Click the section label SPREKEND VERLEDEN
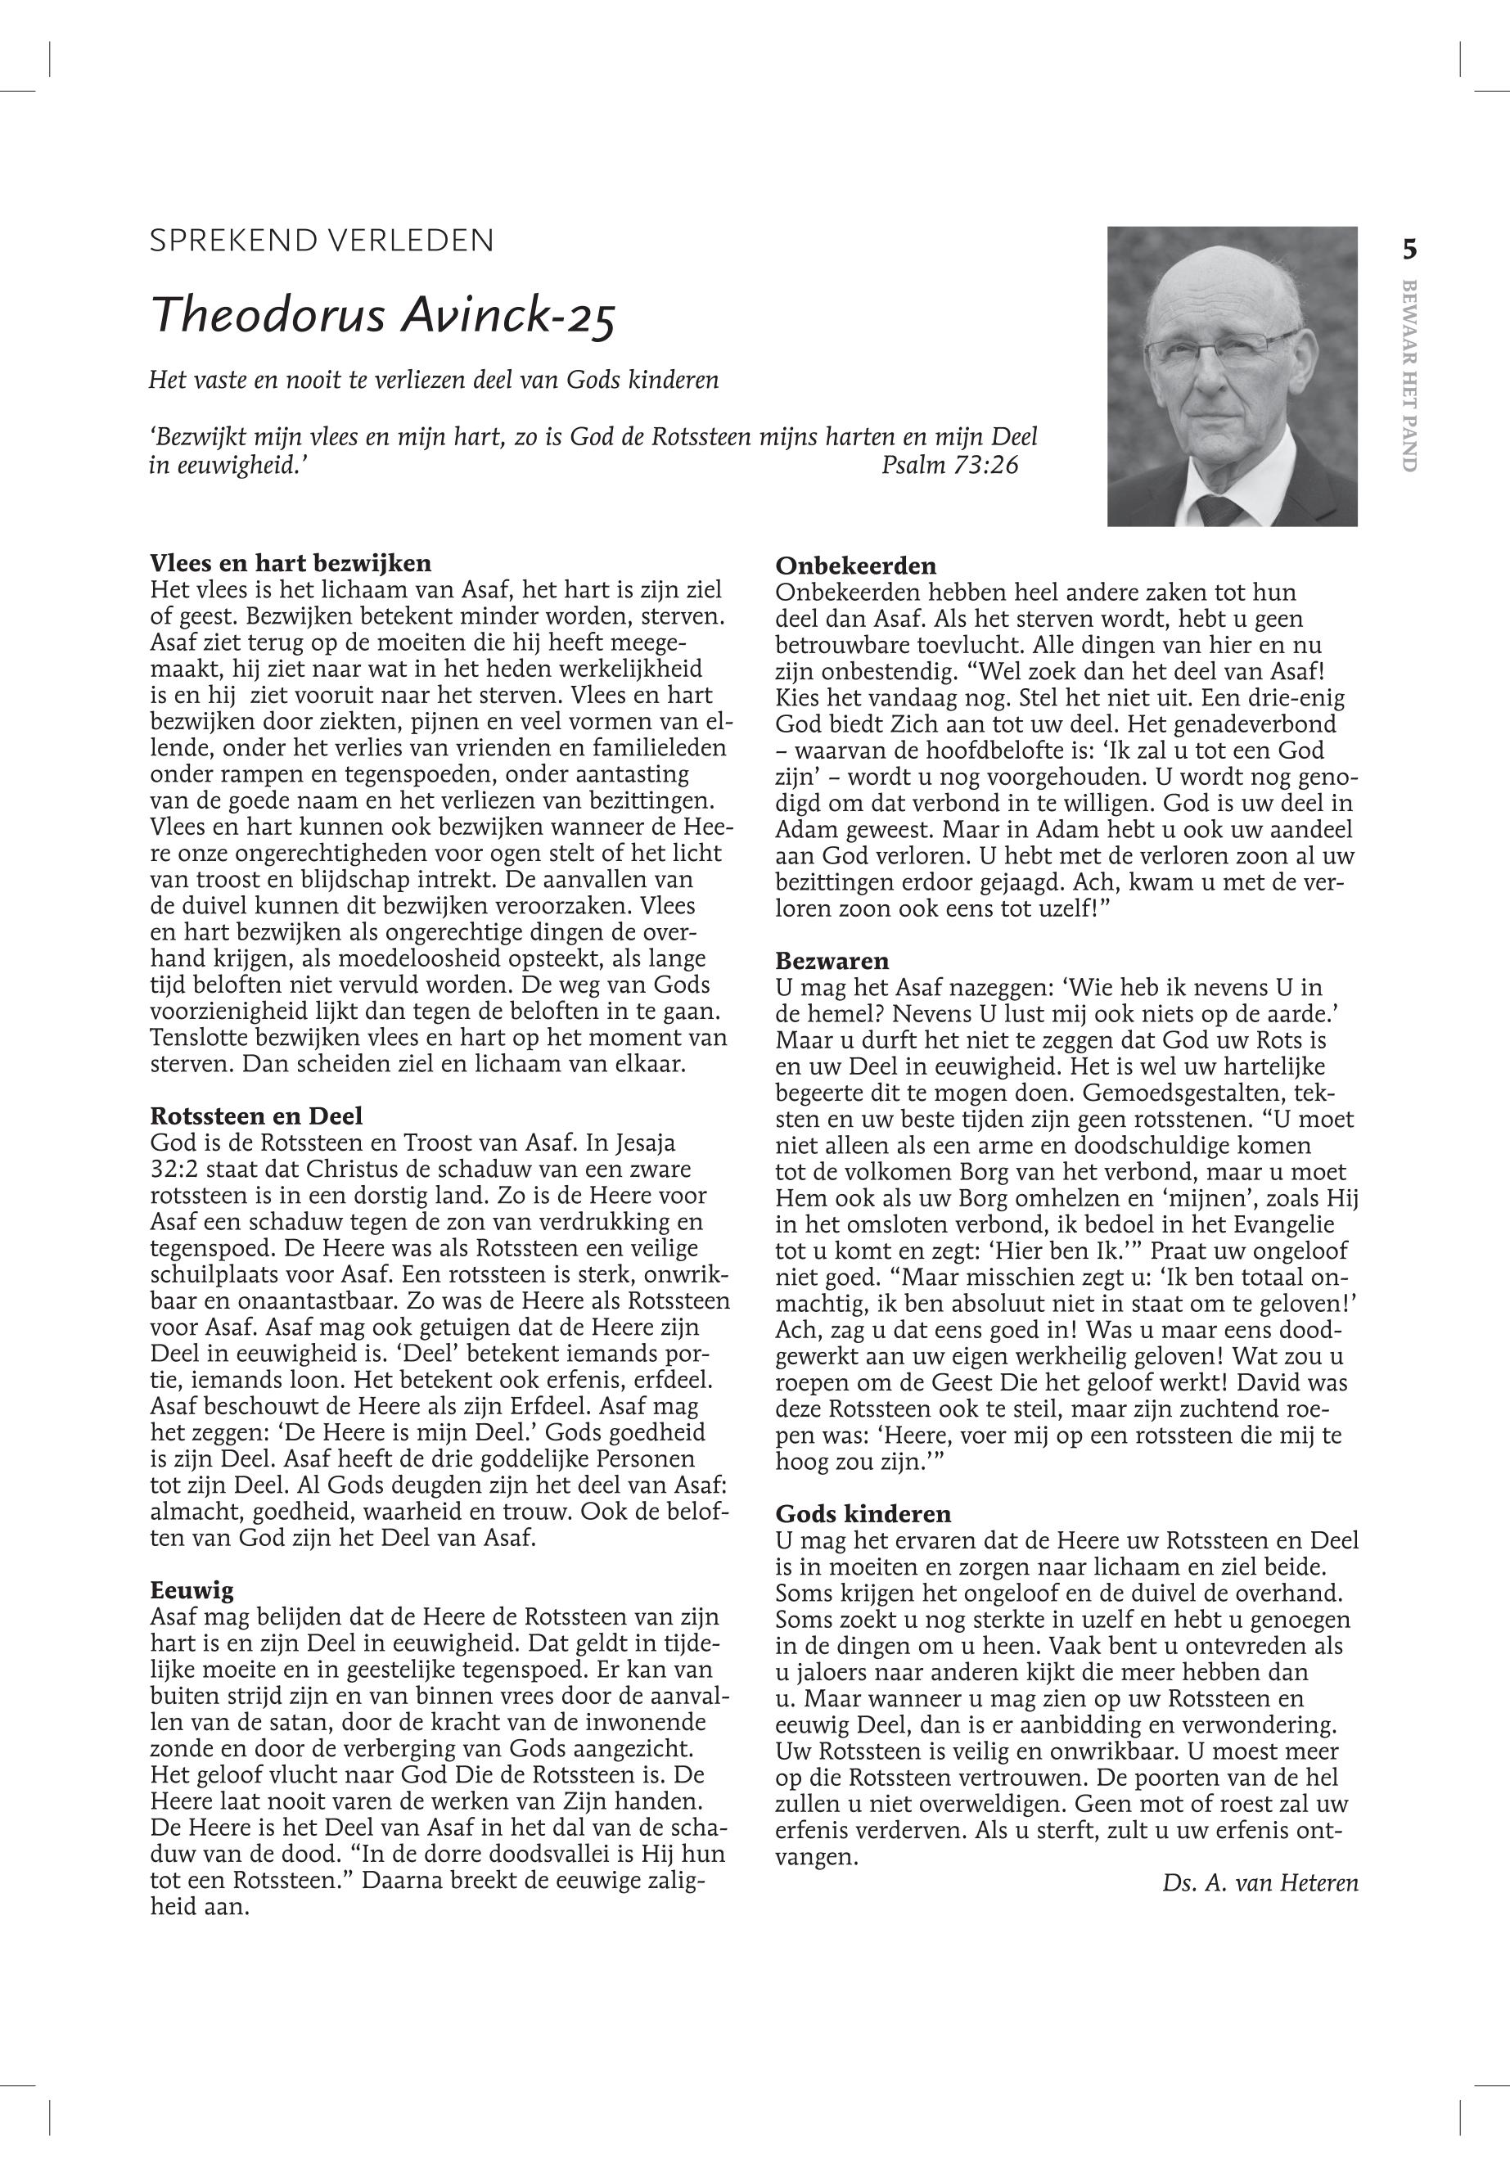322,241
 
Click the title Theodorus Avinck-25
384,315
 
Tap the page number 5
1409,250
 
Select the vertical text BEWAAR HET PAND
1409,376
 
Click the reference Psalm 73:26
949,465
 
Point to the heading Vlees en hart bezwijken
291,563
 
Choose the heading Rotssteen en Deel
256,1116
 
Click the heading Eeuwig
192,1589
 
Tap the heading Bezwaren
832,962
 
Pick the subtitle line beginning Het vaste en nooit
433,381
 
